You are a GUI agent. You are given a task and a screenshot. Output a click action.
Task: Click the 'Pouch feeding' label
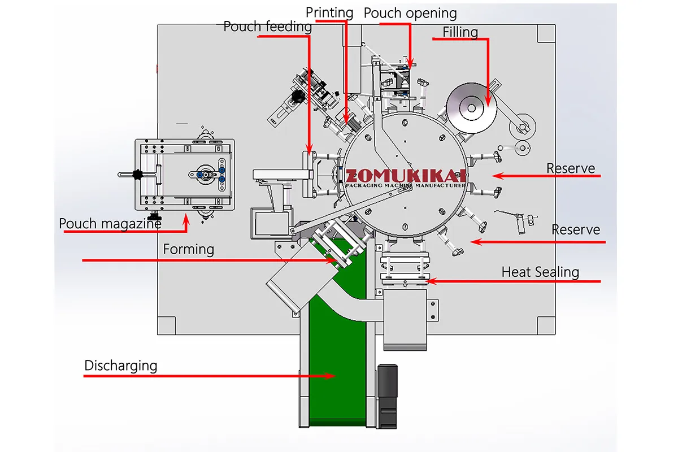(267, 27)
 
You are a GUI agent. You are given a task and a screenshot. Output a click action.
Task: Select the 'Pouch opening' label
(410, 13)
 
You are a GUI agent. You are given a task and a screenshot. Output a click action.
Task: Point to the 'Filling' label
(460, 32)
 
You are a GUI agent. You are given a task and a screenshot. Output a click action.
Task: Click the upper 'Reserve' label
(571, 168)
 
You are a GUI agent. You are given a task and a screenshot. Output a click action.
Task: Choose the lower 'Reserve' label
(575, 230)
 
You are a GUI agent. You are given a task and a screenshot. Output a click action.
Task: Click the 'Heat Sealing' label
(540, 272)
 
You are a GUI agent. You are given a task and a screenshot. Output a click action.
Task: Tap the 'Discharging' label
(120, 366)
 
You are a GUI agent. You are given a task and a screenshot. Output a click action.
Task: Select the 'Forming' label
(189, 249)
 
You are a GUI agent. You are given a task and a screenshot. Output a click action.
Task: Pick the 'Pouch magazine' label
(110, 224)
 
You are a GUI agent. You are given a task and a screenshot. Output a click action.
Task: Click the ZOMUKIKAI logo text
(406, 176)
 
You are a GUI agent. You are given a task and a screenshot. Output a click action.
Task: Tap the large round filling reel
(471, 107)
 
